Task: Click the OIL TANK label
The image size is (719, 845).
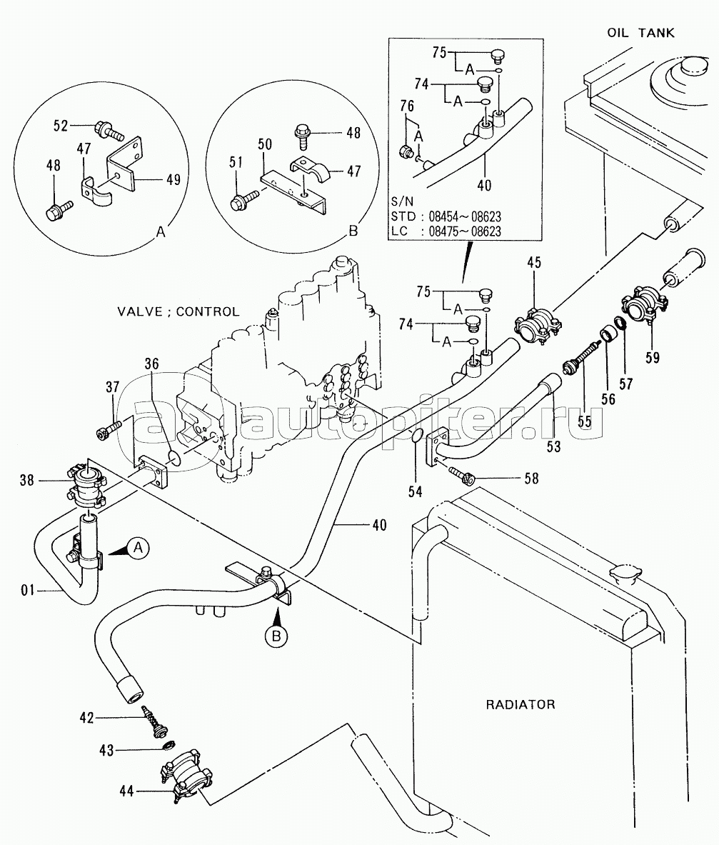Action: (x=640, y=33)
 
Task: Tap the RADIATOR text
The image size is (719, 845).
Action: (x=521, y=704)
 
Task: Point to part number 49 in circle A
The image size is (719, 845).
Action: (x=172, y=179)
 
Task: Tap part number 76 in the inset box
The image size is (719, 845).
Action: (x=407, y=107)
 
